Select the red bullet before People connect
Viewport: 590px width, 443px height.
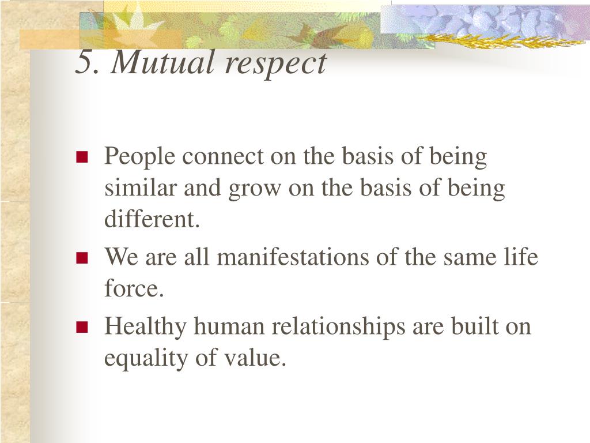coord(82,157)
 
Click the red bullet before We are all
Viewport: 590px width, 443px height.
coord(82,258)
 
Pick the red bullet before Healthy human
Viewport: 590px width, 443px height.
coord(82,327)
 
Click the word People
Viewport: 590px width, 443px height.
coord(139,157)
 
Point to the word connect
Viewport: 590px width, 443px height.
coord(223,156)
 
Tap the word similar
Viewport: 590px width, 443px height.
coord(141,187)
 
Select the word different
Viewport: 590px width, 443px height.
coord(152,219)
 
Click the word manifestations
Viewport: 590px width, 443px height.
coord(293,257)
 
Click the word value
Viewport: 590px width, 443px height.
coord(255,358)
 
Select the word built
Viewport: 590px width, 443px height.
coord(475,326)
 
